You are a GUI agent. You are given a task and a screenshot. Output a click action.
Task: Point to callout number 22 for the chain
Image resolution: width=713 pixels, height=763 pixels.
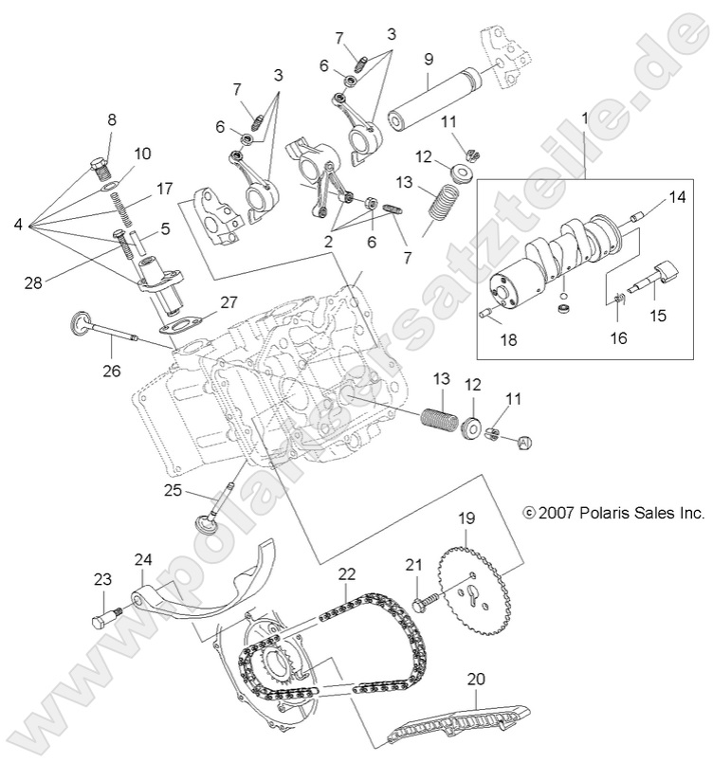pos(347,574)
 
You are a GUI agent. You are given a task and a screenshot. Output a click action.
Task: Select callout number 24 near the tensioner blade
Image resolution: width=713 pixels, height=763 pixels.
pos(142,560)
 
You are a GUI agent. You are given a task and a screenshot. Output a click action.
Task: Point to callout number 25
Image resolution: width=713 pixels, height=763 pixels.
pos(172,490)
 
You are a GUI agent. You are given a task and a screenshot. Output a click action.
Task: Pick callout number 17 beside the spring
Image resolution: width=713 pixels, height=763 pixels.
pos(164,188)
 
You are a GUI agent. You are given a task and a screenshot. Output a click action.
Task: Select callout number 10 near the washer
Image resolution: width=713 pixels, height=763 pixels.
pos(142,153)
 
